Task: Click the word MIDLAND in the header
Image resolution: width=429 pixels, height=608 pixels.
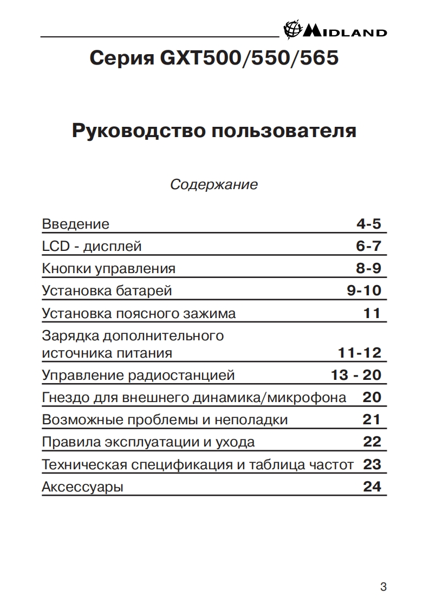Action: [345, 33]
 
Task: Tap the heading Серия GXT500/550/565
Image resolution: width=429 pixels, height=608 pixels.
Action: [214, 58]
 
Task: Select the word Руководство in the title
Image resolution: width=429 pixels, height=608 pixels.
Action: [139, 131]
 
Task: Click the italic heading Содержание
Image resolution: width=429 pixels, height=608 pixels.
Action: [214, 185]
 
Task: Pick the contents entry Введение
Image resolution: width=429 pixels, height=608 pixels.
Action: [75, 224]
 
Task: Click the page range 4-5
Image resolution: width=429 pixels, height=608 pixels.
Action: [368, 224]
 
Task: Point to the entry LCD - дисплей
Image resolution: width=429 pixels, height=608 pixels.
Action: [92, 247]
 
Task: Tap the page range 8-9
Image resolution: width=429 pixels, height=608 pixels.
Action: [368, 268]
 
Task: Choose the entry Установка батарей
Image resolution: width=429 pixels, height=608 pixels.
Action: [107, 290]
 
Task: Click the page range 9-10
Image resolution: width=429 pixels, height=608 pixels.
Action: [364, 290]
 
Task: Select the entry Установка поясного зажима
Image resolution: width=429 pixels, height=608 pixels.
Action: [139, 313]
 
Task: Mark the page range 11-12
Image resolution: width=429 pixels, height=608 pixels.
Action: [360, 353]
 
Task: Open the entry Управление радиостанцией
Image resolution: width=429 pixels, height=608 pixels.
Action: [138, 375]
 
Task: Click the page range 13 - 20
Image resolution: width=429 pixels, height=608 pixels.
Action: [356, 375]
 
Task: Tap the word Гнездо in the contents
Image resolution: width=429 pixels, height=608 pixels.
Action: [60, 398]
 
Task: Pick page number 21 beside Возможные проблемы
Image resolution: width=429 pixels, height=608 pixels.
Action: [372, 419]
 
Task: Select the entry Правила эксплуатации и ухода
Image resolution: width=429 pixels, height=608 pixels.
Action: [148, 442]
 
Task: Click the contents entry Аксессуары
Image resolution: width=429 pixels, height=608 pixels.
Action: [82, 487]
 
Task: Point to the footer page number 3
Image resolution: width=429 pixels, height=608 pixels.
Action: [383, 587]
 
